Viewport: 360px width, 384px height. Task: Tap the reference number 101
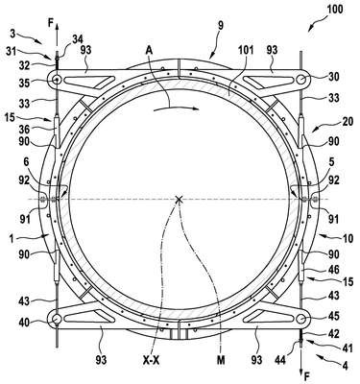246,50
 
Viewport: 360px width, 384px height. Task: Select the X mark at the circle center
179,200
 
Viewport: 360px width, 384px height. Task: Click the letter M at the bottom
221,361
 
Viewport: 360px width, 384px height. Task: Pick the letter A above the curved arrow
149,50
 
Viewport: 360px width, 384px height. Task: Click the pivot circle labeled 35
57,79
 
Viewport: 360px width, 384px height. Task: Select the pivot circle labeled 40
57,319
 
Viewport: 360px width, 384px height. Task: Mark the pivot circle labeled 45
301,319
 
